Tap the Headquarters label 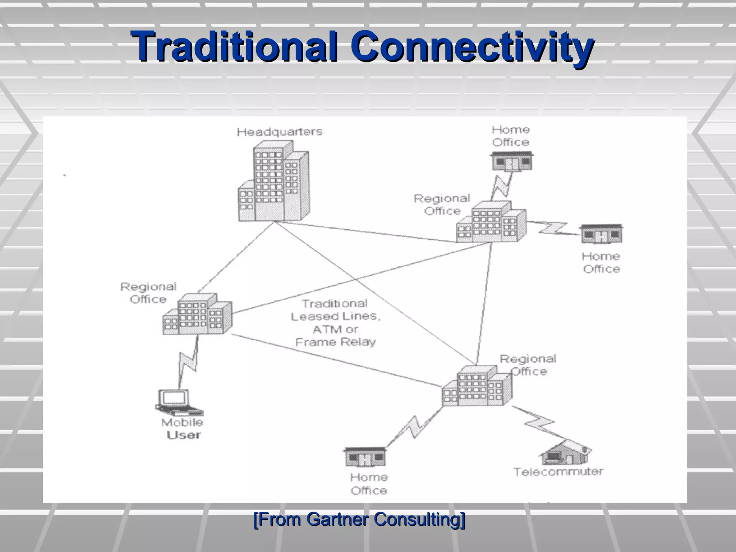pos(279,132)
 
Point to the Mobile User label pos(183,429)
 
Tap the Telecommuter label pos(558,471)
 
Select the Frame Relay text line pos(335,342)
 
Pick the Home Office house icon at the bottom pos(365,457)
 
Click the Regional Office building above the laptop pos(197,315)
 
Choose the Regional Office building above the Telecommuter pos(477,386)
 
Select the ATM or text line pos(335,329)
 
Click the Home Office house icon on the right pos(602,234)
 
